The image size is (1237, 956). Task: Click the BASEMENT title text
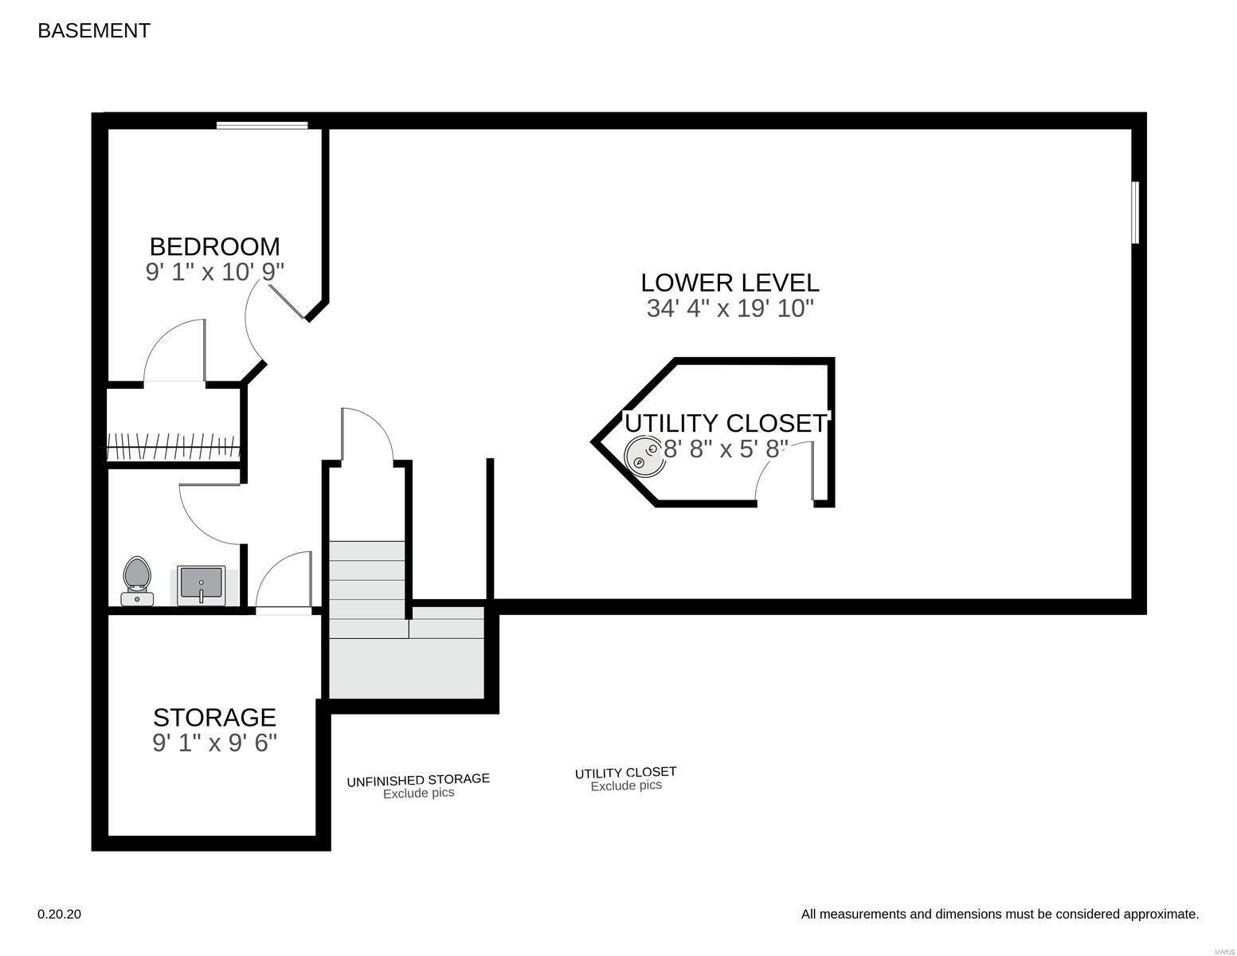click(94, 31)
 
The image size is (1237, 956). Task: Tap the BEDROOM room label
click(214, 246)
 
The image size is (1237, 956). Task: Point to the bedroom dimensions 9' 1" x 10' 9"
click(214, 272)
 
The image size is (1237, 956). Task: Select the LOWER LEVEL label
click(730, 283)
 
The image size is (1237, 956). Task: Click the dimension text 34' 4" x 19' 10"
click(730, 308)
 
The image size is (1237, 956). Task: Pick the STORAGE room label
click(214, 718)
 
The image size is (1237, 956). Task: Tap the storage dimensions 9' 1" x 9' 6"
click(214, 742)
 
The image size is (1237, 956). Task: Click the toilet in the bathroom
click(137, 581)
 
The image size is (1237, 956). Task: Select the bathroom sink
click(201, 586)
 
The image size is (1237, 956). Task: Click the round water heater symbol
click(644, 456)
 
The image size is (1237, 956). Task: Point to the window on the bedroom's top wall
click(262, 125)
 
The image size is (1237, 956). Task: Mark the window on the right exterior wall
click(1135, 213)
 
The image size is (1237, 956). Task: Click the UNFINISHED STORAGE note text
click(418, 779)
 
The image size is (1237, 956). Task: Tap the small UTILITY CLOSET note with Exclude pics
click(625, 779)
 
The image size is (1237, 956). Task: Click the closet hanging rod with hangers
click(174, 447)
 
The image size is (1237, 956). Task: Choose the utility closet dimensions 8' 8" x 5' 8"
click(726, 449)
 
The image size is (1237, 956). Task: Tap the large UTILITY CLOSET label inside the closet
click(726, 423)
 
